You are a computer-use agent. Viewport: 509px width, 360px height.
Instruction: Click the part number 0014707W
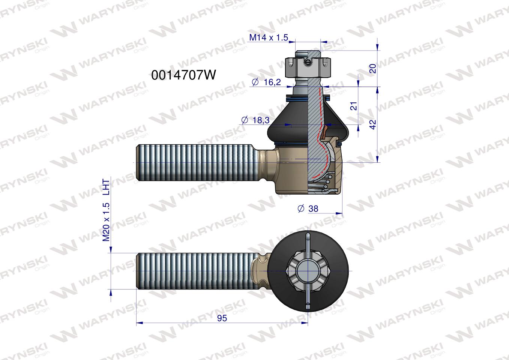[183, 75]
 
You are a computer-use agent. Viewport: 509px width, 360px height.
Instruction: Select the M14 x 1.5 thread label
[268, 37]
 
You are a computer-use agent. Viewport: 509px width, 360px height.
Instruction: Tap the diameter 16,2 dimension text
[267, 82]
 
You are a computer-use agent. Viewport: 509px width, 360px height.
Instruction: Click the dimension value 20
[373, 68]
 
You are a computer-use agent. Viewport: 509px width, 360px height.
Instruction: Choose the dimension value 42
[373, 124]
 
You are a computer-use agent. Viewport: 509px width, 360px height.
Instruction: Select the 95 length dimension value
[222, 318]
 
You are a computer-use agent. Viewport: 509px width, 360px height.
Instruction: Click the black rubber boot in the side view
[289, 124]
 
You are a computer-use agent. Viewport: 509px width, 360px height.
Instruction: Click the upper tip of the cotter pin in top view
[308, 236]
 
